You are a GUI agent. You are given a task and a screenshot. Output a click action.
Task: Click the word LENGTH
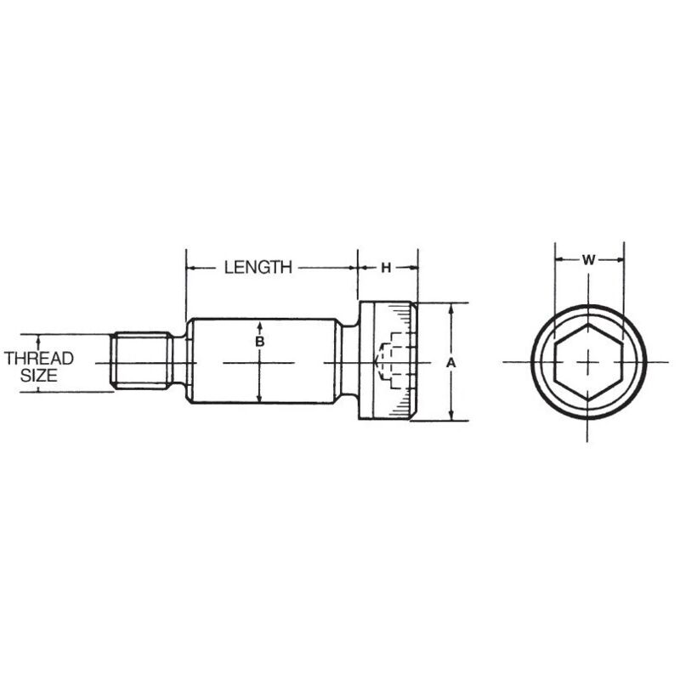tap(258, 267)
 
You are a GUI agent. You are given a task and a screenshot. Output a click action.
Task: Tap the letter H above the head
tap(386, 268)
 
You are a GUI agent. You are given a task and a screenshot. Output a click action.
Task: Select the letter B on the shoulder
tap(260, 342)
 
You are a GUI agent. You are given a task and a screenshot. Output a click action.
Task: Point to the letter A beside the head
tap(451, 363)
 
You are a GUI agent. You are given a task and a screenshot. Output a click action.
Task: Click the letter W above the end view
tap(588, 260)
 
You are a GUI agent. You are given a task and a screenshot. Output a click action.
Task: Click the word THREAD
tap(39, 359)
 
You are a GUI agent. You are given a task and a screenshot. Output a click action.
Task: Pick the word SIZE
tap(39, 375)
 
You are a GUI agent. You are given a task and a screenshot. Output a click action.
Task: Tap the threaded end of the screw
tap(139, 360)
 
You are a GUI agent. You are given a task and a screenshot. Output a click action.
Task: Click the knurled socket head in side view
tap(388, 360)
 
